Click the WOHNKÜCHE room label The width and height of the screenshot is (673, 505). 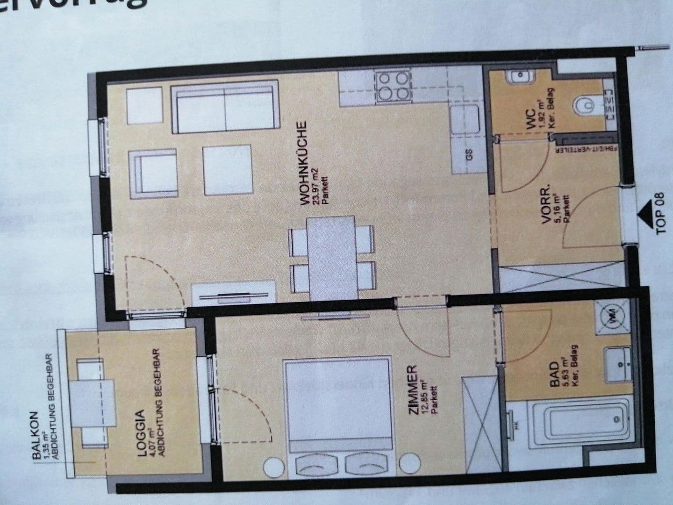(303, 163)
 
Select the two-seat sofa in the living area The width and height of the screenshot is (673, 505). (224, 108)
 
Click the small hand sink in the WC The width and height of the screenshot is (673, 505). (520, 76)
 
